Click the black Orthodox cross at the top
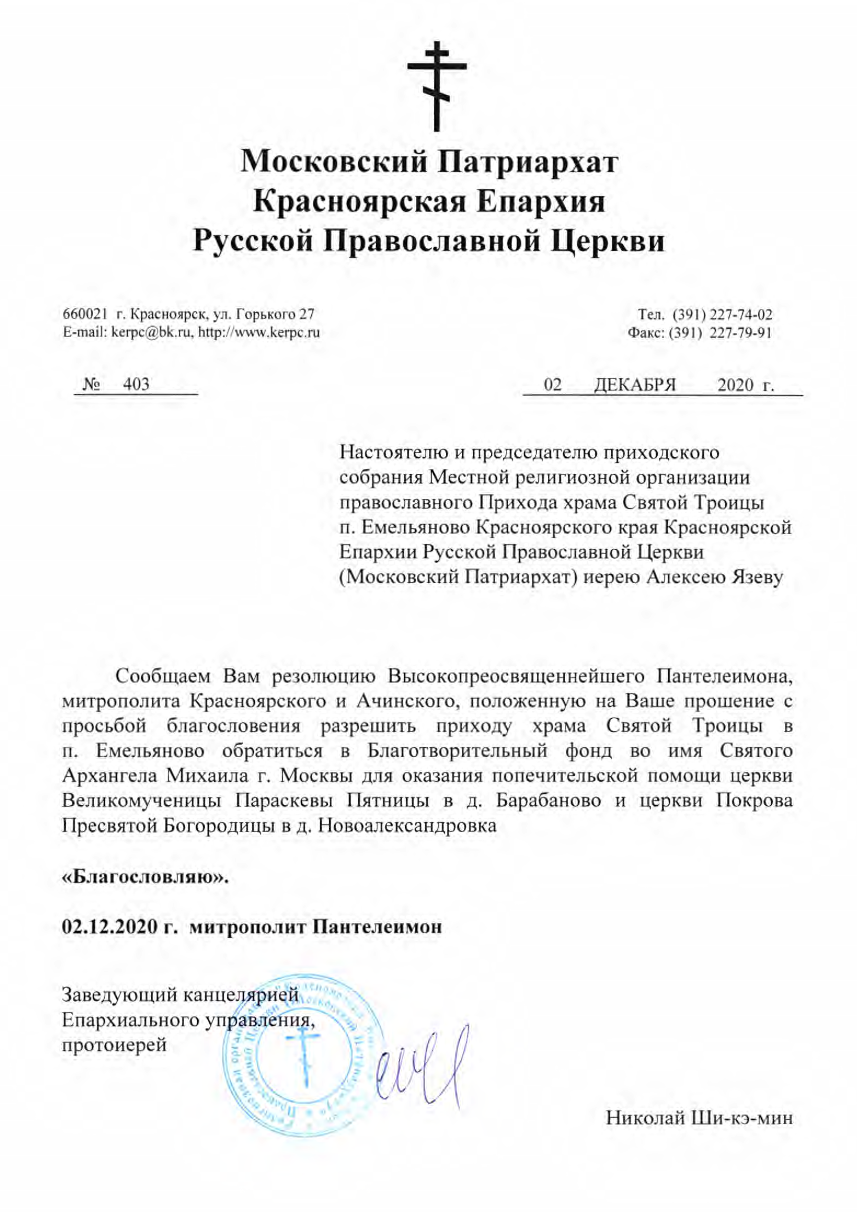click(x=437, y=87)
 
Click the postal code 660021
click(x=85, y=315)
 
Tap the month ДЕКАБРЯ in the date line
click(x=635, y=385)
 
